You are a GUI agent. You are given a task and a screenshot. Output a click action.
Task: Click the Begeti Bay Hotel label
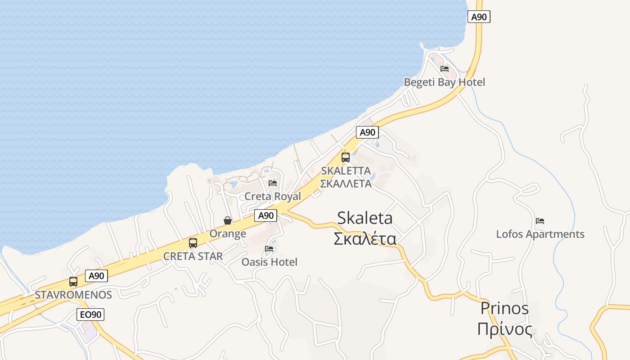[x=444, y=82]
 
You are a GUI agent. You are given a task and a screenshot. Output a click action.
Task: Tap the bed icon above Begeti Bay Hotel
[x=445, y=69]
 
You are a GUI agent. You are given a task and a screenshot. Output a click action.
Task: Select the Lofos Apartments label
[x=540, y=234]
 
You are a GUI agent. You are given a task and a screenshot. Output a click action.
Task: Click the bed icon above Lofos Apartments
[x=540, y=221]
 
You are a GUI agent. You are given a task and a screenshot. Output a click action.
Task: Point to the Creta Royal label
[x=273, y=197]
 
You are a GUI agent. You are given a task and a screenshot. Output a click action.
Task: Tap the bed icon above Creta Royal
[x=273, y=183]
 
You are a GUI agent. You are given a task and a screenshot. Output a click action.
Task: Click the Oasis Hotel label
[x=270, y=262]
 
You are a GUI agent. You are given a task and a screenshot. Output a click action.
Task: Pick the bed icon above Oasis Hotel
[x=270, y=248]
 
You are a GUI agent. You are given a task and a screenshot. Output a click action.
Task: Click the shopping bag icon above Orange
[x=228, y=220]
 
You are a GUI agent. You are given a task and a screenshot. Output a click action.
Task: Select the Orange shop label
[x=228, y=234]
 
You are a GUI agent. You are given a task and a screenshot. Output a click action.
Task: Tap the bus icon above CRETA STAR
[x=193, y=243]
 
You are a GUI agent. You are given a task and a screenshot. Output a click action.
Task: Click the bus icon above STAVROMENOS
[x=73, y=282]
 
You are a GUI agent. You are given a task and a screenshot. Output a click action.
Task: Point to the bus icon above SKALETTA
[x=346, y=157]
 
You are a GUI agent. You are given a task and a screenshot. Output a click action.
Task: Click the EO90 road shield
[x=91, y=315]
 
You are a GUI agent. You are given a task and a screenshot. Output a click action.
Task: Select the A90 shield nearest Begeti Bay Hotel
[x=479, y=17]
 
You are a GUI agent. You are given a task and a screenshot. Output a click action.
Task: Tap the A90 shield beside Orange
[x=265, y=216]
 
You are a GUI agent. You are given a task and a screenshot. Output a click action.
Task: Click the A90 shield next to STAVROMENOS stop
[x=96, y=276]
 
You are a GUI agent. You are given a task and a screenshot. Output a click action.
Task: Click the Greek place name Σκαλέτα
[x=365, y=238]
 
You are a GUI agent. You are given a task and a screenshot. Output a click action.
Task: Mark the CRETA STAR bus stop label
[x=193, y=256]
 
